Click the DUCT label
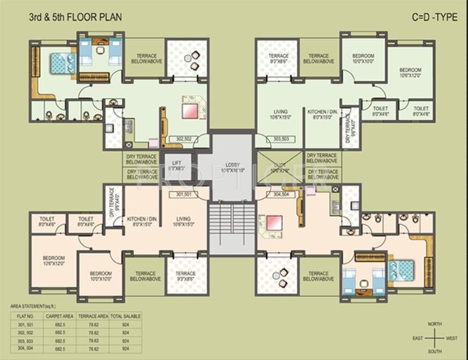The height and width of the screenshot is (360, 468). pyautogui.click(x=280, y=167)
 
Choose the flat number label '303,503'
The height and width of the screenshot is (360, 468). pyautogui.click(x=281, y=139)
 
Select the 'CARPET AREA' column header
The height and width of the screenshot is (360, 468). pyautogui.click(x=60, y=316)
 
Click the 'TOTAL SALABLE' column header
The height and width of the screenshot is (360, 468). pyautogui.click(x=125, y=316)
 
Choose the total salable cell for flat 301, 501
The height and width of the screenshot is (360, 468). pyautogui.click(x=125, y=324)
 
